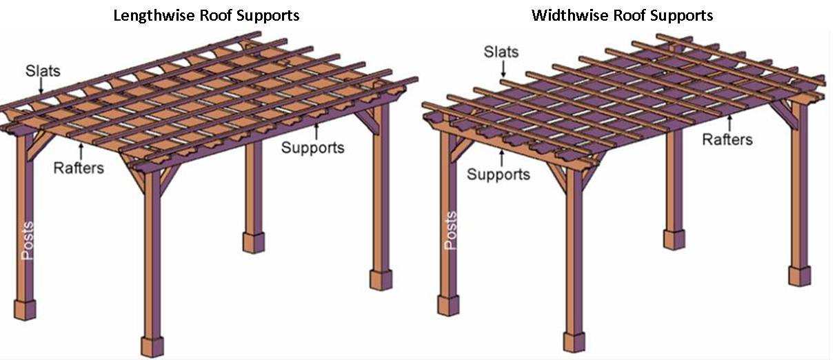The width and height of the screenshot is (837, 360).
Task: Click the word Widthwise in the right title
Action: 570,16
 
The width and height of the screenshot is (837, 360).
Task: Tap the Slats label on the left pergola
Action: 43,70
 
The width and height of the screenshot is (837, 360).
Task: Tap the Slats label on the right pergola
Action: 501,52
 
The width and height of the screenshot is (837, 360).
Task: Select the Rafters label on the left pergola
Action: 79,168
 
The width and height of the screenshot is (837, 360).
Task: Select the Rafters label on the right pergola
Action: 727,139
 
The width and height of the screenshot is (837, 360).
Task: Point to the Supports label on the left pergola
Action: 313,148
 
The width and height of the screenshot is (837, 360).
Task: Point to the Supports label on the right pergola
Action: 498,174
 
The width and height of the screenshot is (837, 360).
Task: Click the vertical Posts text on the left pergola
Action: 28,241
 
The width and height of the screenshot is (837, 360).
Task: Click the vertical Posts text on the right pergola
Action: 450,230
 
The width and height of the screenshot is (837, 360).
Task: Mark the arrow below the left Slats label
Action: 41,86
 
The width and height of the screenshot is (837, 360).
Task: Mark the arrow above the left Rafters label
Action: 81,151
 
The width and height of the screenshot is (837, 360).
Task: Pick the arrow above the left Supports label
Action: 316,131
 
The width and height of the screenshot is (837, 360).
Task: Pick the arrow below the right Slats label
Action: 503,68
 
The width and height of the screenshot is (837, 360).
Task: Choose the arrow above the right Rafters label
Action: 729,123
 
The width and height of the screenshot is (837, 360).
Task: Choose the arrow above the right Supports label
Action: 501,157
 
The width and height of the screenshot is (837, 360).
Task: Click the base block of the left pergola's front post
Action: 152,346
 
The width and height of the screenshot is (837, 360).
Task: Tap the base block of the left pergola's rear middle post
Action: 254,242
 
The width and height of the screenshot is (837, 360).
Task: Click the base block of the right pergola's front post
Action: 574,341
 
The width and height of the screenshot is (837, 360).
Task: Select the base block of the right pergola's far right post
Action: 800,276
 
